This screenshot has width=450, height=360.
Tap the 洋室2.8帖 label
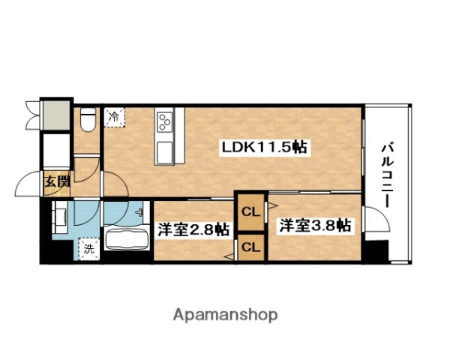tap(193, 231)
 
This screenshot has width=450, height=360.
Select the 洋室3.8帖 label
tap(315, 224)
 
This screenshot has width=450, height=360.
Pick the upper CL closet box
tap(250, 211)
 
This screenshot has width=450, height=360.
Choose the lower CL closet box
tap(250, 247)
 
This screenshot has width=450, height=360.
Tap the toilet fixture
tap(87, 118)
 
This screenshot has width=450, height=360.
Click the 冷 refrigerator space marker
tap(114, 117)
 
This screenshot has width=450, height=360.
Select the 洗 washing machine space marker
tap(88, 248)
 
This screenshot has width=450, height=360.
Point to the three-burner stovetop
tap(165, 120)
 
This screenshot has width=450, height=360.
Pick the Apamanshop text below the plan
tap(224, 314)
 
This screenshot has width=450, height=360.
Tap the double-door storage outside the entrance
tap(31, 112)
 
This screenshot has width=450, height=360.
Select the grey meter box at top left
tap(56, 113)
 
